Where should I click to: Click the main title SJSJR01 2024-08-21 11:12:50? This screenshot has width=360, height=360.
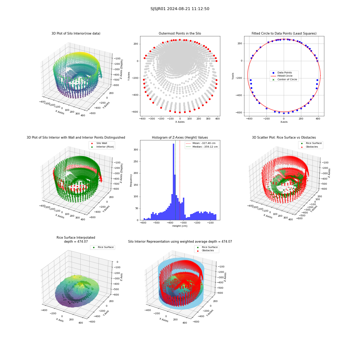point(180,9)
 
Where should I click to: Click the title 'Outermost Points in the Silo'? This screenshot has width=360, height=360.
point(180,33)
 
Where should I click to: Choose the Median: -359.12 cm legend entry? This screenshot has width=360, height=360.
point(202,147)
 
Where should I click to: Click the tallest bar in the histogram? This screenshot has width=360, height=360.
point(174,182)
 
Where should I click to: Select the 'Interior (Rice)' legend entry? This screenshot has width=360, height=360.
point(102,147)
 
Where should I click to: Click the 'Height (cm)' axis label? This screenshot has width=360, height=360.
point(180,226)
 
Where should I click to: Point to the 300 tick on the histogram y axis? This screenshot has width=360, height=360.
point(136,150)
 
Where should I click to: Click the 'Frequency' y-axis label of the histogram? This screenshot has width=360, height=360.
point(131,180)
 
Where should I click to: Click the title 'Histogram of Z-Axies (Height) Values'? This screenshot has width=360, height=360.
point(180,138)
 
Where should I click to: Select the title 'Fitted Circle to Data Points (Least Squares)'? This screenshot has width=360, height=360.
point(284,33)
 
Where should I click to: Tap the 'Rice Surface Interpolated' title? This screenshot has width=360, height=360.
point(76,238)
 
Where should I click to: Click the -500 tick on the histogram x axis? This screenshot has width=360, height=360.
point(156,223)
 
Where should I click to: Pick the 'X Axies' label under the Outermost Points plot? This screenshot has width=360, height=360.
point(180,122)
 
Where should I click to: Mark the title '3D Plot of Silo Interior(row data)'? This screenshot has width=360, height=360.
point(76,33)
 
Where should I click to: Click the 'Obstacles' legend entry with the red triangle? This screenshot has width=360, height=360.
point(311,147)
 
